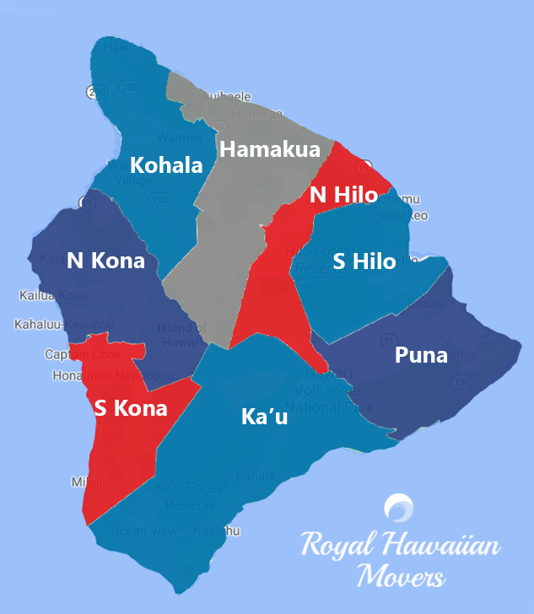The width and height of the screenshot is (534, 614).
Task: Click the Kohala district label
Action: [166, 164]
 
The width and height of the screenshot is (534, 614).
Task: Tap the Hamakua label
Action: [270, 149]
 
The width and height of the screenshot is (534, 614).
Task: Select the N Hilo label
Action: [343, 194]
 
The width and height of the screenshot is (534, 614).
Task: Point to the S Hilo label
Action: [364, 261]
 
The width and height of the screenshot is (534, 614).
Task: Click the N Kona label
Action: [105, 261]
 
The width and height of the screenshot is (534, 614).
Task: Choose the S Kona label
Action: [130, 409]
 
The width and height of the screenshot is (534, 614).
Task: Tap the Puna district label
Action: [421, 355]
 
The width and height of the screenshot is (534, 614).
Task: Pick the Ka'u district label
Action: [264, 416]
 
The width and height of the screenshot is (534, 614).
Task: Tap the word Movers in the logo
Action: [401, 578]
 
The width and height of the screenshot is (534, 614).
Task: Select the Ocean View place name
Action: [143, 531]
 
